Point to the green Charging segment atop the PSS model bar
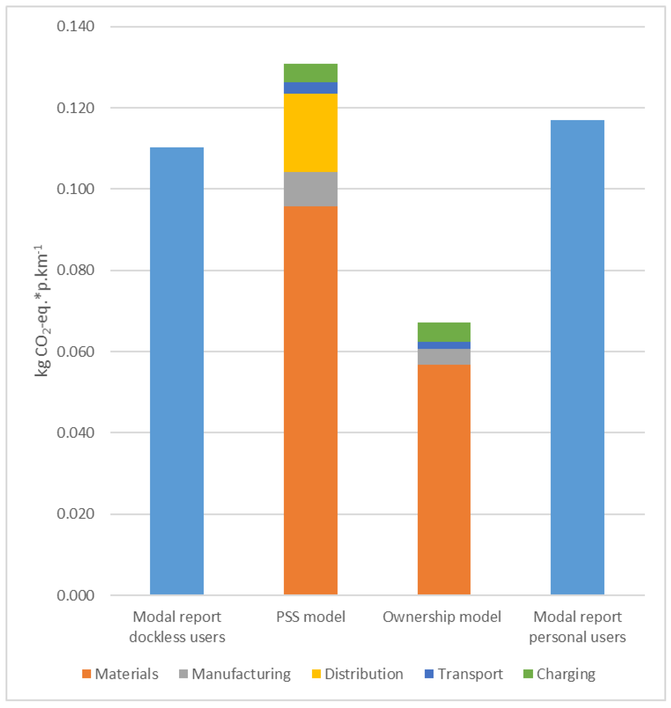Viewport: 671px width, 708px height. coord(310,73)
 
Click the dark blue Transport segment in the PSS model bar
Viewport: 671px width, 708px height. coord(310,88)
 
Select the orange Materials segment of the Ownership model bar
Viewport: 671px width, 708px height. coord(444,479)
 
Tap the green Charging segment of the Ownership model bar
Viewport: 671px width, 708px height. coord(444,332)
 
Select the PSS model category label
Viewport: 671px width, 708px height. coord(310,617)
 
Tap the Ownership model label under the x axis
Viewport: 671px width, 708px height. coord(442,617)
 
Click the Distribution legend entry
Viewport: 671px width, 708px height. coord(363,674)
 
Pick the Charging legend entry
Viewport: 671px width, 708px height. coord(565,674)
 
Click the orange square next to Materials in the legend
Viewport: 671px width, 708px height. coord(86,674)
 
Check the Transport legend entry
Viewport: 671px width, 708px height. coord(470,674)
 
